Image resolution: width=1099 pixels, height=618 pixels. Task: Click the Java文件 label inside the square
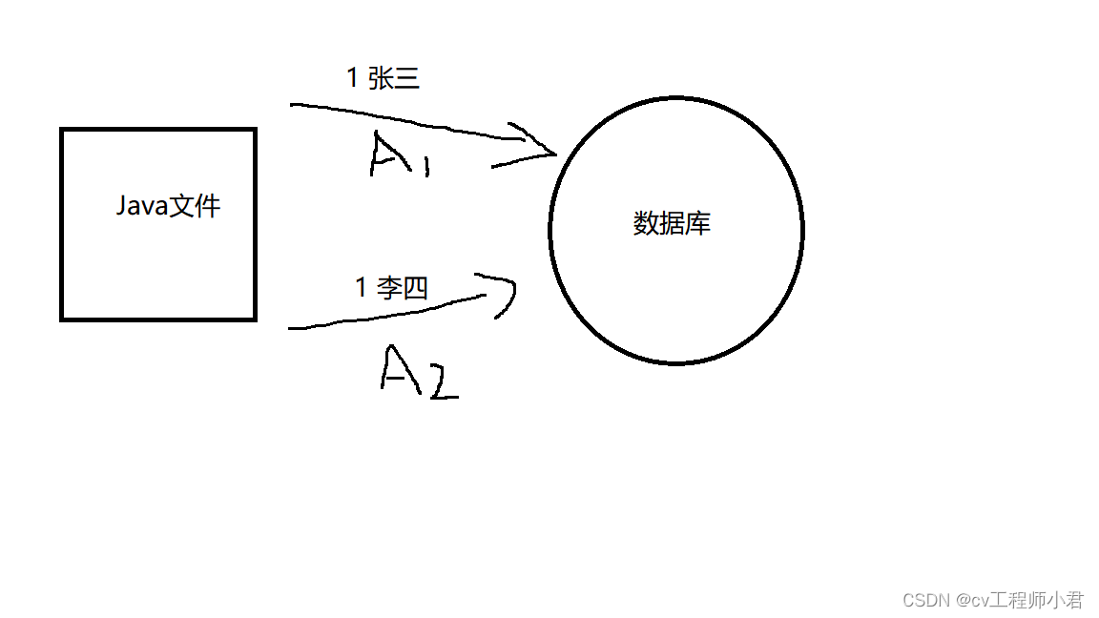pyautogui.click(x=168, y=206)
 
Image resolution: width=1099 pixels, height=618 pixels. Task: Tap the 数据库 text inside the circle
pyautogui.click(x=672, y=224)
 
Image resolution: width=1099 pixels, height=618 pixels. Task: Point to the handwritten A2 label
pyautogui.click(x=418, y=372)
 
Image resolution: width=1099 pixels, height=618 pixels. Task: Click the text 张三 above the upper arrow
pyautogui.click(x=393, y=79)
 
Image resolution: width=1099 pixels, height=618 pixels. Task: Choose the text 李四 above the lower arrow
pyautogui.click(x=402, y=287)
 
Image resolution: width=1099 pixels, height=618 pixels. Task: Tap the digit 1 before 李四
pyautogui.click(x=361, y=287)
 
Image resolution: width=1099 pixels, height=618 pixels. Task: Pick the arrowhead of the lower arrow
pyautogui.click(x=504, y=291)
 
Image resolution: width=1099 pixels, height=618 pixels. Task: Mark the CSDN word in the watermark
pyautogui.click(x=922, y=600)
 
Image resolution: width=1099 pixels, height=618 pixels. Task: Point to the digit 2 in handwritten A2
pyautogui.click(x=442, y=381)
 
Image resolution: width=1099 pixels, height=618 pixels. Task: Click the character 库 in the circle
pyautogui.click(x=698, y=224)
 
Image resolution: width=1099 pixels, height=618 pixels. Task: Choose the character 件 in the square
pyautogui.click(x=208, y=206)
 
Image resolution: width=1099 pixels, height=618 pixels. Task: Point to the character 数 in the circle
pyautogui.click(x=646, y=224)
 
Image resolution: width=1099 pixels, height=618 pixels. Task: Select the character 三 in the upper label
pyautogui.click(x=406, y=79)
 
